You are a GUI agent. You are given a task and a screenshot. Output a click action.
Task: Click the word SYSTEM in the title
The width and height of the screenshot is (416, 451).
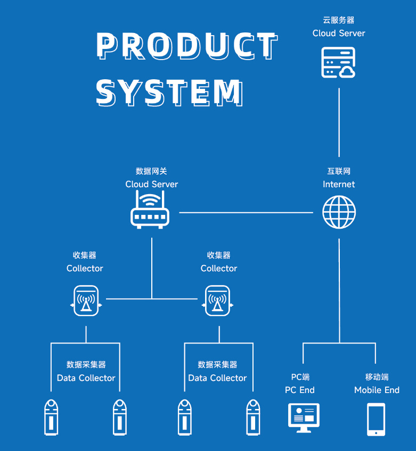click(x=169, y=93)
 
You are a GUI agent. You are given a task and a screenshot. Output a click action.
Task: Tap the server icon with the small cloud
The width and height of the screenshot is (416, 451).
click(x=338, y=63)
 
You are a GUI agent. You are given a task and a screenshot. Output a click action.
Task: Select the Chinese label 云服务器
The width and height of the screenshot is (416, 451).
click(x=338, y=20)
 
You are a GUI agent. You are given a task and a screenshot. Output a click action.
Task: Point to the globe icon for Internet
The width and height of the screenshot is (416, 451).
click(x=339, y=212)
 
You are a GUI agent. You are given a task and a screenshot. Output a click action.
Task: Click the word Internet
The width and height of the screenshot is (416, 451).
click(x=339, y=185)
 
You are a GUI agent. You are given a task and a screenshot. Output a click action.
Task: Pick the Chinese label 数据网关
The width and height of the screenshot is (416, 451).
click(x=151, y=171)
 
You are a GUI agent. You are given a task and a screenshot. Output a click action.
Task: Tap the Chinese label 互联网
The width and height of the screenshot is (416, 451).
click(x=339, y=171)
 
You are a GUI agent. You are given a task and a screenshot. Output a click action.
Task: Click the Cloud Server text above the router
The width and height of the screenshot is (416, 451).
click(x=151, y=185)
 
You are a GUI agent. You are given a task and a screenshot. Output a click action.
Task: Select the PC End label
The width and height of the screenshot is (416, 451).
click(x=300, y=390)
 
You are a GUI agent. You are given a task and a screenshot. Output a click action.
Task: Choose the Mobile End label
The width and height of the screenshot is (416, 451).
click(x=377, y=390)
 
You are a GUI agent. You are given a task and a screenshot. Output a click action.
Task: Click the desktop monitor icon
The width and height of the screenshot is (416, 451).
click(x=303, y=417)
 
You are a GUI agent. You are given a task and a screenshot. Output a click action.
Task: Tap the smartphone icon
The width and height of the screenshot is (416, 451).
click(x=376, y=420)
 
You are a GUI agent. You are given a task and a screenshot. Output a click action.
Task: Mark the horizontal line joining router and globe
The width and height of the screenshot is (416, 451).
click(x=246, y=212)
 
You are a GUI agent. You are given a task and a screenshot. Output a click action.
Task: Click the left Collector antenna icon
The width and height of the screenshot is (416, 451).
click(x=86, y=301)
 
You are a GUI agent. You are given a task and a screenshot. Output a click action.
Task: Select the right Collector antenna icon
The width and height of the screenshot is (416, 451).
click(x=217, y=301)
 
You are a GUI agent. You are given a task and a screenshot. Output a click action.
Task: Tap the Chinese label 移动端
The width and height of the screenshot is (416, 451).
click(x=377, y=377)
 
